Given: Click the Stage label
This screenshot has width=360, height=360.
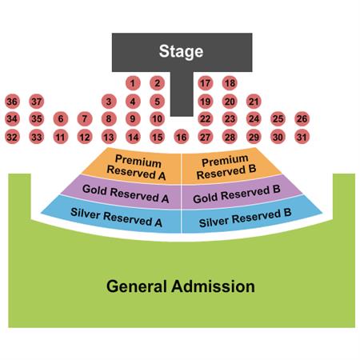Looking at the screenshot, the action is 181,51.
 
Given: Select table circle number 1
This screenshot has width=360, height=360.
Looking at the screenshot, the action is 133,83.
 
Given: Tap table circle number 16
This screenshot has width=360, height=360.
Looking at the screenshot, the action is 182,137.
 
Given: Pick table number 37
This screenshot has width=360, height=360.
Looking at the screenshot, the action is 37,102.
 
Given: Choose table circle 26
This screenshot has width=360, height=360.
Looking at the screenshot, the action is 302,118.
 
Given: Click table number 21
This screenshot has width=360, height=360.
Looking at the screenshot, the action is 254,102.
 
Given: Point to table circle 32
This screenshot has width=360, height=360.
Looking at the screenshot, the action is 12,137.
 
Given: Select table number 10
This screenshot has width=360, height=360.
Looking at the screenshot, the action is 157,118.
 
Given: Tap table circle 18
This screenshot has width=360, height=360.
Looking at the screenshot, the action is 230,83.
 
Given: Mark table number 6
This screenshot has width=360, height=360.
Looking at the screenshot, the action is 61,118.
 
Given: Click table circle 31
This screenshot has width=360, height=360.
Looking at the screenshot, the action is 302,137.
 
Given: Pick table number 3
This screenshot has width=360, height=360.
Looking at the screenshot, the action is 109,102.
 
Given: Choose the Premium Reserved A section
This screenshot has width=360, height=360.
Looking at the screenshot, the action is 134,166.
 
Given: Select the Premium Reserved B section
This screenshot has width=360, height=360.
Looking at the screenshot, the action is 230,166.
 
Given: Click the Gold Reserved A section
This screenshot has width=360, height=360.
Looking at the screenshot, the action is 122,193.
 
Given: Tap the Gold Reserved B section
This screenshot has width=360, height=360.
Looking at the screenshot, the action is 240,193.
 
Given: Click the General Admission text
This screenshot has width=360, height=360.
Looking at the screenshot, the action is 181,286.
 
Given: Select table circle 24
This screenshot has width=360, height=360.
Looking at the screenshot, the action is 254,118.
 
